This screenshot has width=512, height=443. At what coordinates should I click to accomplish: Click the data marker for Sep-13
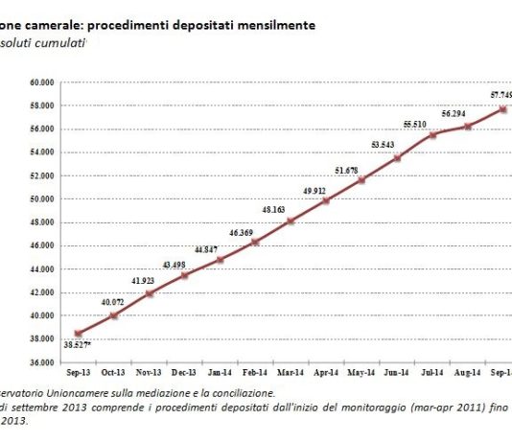[79, 333]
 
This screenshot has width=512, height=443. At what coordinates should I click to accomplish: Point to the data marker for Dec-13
[185, 275]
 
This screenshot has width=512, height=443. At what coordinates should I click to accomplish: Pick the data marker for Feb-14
[255, 242]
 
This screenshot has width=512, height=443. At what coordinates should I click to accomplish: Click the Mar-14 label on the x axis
[291, 371]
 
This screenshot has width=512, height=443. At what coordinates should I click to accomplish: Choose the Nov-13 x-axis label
[150, 371]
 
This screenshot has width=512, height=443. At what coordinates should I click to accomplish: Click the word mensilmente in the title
[271, 27]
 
